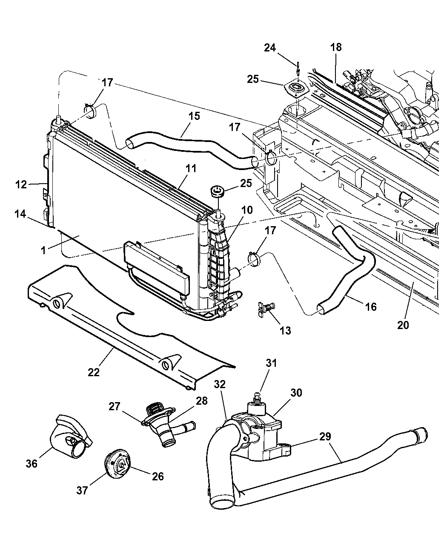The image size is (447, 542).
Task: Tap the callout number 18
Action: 336,47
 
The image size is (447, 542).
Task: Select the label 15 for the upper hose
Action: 194,116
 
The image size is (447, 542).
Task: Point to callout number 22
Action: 94,372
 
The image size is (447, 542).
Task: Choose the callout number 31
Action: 271,363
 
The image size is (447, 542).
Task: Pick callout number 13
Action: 285,330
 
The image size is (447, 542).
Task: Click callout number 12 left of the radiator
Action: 21,184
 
